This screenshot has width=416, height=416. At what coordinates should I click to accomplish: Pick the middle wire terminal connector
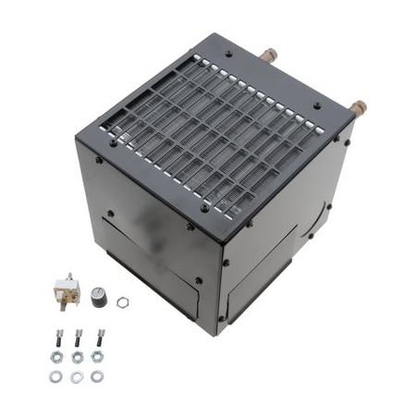[78, 336]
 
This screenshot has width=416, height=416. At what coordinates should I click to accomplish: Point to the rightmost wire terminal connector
[99, 336]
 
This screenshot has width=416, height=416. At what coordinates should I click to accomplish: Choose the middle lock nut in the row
[78, 356]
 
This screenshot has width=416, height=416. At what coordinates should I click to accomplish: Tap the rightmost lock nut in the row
[97, 356]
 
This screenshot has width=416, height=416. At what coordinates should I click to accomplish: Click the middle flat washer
[77, 376]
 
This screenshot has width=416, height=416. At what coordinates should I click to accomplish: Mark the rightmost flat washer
[97, 376]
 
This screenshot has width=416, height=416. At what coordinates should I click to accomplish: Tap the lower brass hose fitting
[355, 107]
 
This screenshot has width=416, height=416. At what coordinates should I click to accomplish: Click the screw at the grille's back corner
[228, 54]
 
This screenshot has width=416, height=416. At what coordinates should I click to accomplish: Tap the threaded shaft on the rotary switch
[77, 289]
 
